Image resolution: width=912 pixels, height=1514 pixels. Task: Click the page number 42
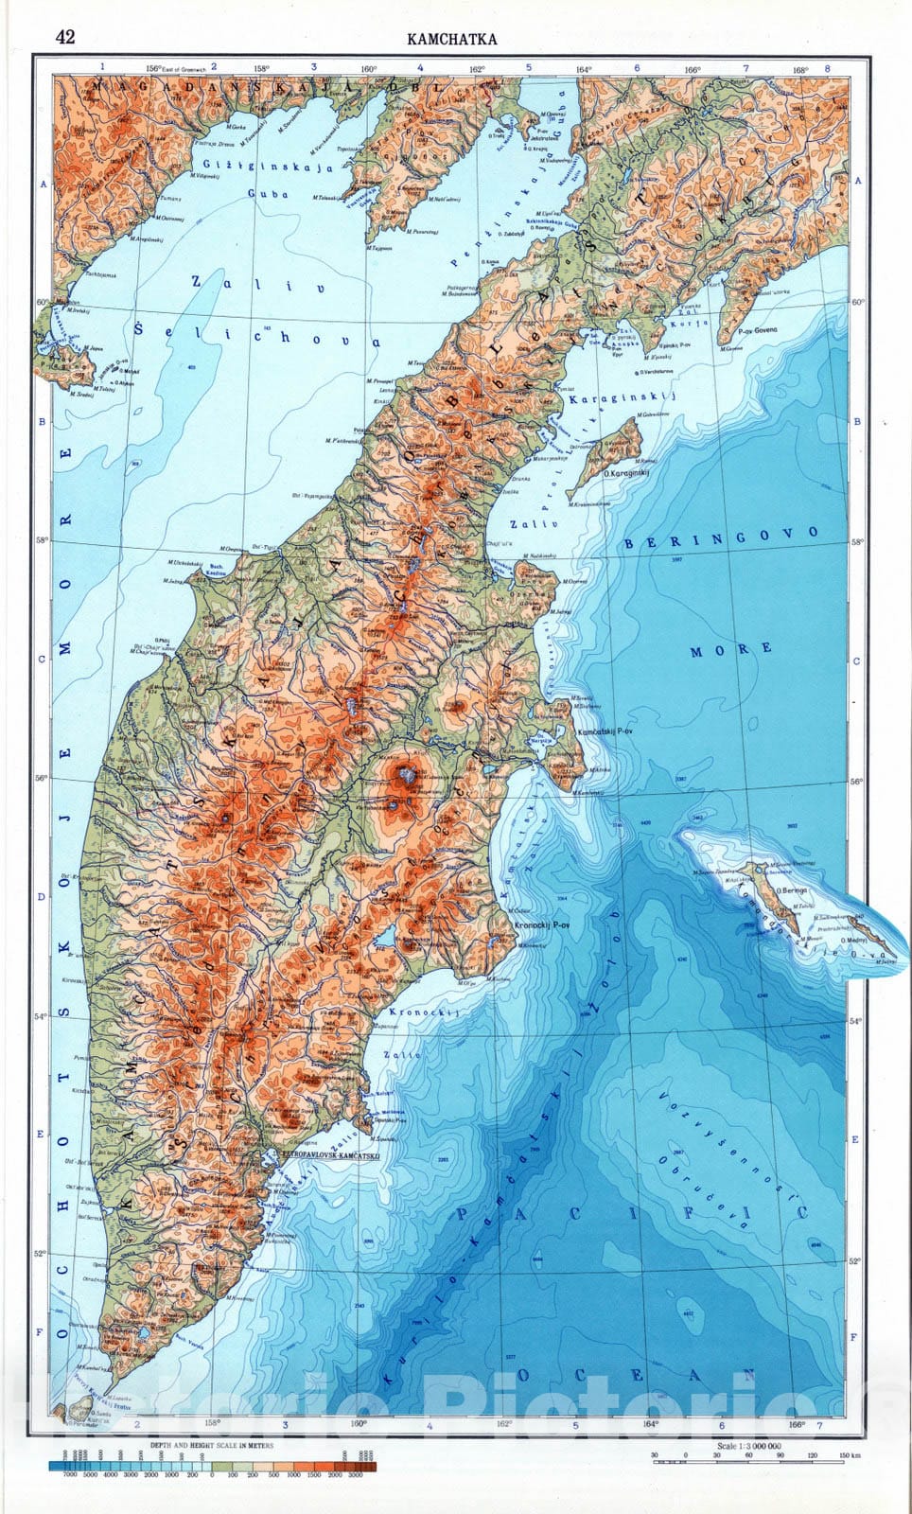point(65,37)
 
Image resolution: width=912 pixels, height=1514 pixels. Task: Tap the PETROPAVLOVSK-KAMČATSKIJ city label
point(319,1156)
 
